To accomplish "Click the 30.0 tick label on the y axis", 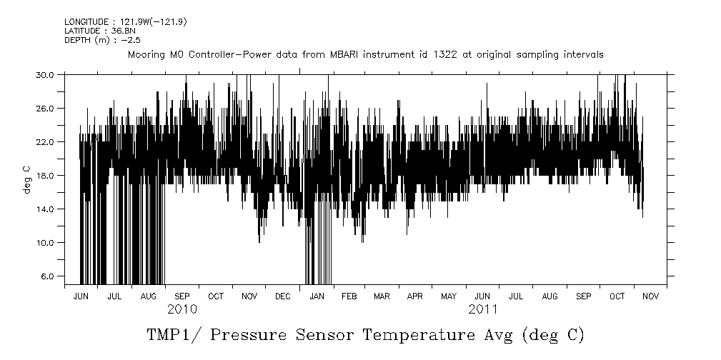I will tap(46, 74).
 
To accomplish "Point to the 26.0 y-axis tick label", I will tap(46, 108).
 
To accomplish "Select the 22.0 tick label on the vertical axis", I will tap(46, 141).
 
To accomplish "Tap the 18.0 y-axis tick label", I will tap(46, 175).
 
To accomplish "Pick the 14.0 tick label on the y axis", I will tap(46, 209).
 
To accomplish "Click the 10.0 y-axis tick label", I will tap(46, 242).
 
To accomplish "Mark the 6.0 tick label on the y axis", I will tap(48, 276).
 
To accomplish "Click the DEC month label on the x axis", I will tap(282, 296).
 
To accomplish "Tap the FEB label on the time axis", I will tap(349, 296).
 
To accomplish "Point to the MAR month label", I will tap(382, 296).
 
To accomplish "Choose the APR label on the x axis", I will tap(415, 296).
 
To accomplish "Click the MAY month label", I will tap(449, 296).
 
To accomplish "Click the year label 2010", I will tap(182, 310).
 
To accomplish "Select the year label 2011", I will tap(483, 310).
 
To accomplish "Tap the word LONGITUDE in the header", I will tap(84, 22).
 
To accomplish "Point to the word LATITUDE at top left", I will tap(81, 31).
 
